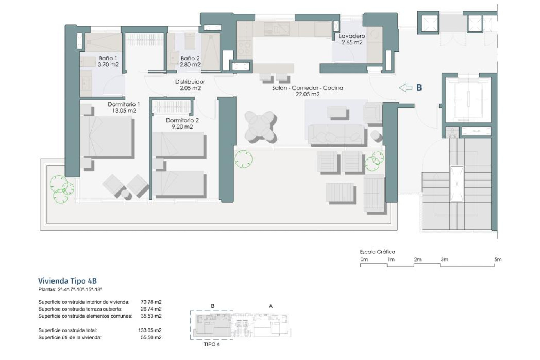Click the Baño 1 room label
pyautogui.click(x=108, y=58)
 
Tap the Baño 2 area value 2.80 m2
pyautogui.click(x=190, y=64)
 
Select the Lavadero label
pyautogui.click(x=352, y=36)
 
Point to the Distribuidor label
pyautogui.click(x=190, y=82)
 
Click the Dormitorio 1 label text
pyautogui.click(x=124, y=104)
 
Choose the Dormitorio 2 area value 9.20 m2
pyautogui.click(x=182, y=127)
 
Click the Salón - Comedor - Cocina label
pyautogui.click(x=307, y=88)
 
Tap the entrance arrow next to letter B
pyautogui.click(x=406, y=88)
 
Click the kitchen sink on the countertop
pyautogui.click(x=277, y=28)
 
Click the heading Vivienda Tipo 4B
pyautogui.click(x=67, y=281)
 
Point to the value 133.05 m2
pyautogui.click(x=150, y=330)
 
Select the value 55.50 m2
pyautogui.click(x=151, y=337)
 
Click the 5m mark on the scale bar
pyautogui.click(x=498, y=260)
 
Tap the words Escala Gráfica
pyautogui.click(x=377, y=252)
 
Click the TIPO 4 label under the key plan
pyautogui.click(x=211, y=344)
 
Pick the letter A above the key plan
pyautogui.click(x=271, y=306)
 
